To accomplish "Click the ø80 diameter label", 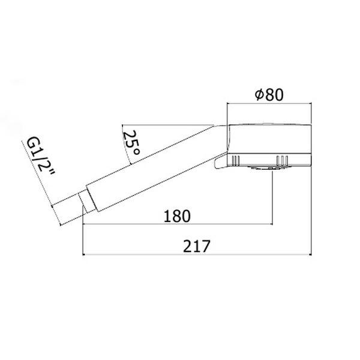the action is pyautogui.click(x=269, y=95).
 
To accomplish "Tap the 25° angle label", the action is pyautogui.click(x=131, y=143).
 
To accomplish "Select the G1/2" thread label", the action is pyautogui.click(x=40, y=155).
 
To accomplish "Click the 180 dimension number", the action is pyautogui.click(x=177, y=216).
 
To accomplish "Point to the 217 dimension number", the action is pyautogui.click(x=197, y=247).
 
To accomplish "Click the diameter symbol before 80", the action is pyautogui.click(x=259, y=95).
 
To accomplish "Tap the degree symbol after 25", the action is pyautogui.click(x=136, y=152).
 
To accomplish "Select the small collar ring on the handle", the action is pyautogui.click(x=86, y=201).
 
